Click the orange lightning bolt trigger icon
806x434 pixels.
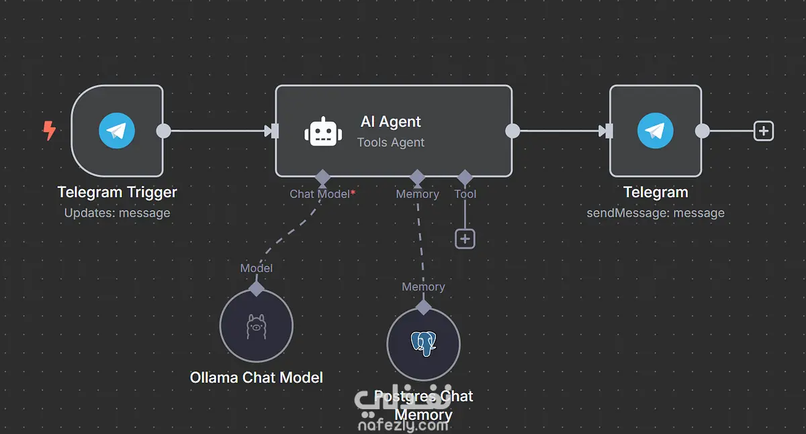tap(49, 130)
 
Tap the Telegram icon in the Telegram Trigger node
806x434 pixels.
tap(117, 130)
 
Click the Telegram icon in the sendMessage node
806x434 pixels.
tap(656, 130)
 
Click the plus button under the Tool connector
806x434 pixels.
tap(465, 238)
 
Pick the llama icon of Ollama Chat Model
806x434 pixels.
tap(257, 326)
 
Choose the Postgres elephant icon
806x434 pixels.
tap(423, 343)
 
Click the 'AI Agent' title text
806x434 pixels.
tap(390, 121)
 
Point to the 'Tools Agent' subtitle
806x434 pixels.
tap(390, 142)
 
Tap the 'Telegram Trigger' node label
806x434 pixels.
tap(118, 193)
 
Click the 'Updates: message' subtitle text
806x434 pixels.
tap(118, 213)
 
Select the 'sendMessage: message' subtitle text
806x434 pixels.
tap(656, 213)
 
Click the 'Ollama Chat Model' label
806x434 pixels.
tap(257, 378)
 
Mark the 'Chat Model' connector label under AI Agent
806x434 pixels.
tap(320, 194)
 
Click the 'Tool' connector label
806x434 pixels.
tap(465, 194)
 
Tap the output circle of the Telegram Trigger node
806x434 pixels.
tap(163, 131)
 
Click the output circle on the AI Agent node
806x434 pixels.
tap(512, 131)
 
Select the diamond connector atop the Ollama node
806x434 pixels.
tap(257, 288)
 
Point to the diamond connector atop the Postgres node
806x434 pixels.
tap(423, 307)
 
